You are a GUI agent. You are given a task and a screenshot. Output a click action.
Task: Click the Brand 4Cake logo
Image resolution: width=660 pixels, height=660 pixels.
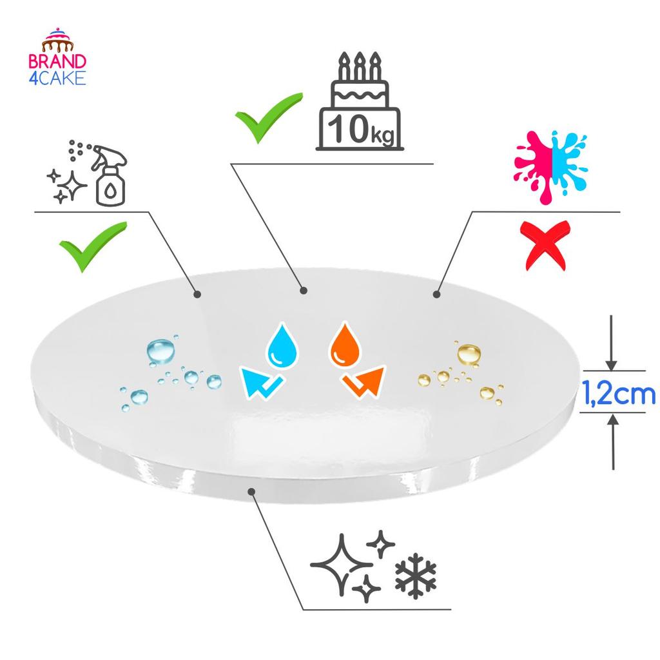57,57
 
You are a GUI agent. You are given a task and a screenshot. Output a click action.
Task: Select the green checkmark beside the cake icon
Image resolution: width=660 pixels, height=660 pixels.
268,117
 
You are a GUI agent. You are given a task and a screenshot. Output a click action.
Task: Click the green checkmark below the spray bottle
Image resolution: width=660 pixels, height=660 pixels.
93,247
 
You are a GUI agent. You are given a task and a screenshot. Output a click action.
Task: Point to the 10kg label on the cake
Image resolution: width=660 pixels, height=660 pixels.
361,130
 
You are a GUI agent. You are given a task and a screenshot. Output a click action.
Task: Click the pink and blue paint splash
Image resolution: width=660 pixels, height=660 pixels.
550,167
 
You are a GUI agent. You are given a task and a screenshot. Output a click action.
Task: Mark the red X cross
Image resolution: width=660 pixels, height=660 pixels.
545,246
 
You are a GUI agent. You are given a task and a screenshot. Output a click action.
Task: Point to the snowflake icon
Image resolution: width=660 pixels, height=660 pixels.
416,576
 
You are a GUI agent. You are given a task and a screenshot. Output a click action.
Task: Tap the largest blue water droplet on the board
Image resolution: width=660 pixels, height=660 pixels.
160,351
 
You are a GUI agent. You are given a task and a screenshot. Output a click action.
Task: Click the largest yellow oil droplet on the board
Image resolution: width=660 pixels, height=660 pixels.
469,354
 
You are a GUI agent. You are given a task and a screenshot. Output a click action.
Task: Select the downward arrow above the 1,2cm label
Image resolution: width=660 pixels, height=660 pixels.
611,343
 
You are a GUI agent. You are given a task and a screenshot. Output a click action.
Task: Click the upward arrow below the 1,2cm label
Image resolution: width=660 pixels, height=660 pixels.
613,442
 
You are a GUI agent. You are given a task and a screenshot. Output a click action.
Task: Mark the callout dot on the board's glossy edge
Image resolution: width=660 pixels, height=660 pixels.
252,491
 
